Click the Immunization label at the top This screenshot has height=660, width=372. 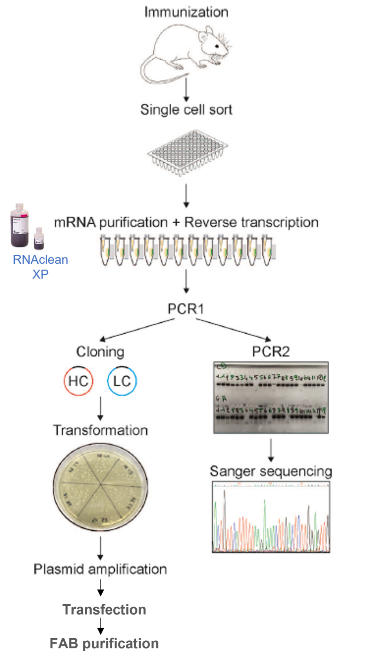186,12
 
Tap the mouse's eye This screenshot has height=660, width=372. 217,46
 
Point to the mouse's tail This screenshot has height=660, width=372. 152,74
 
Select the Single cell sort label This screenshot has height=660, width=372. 186,110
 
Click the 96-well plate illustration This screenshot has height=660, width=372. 187,152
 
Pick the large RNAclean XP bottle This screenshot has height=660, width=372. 19,226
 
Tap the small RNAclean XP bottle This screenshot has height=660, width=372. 39,238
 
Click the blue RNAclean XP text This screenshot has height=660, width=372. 40,266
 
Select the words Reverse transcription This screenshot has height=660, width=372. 251,222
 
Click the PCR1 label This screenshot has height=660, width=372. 186,309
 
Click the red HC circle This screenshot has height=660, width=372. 79,381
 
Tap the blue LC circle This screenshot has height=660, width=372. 122,381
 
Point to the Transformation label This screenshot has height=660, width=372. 100,430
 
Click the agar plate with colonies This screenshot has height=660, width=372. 100,487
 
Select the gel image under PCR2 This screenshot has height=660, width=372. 271,397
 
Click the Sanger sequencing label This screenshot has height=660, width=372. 271,471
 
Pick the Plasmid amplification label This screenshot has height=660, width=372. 100,569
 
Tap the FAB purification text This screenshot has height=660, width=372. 104,643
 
